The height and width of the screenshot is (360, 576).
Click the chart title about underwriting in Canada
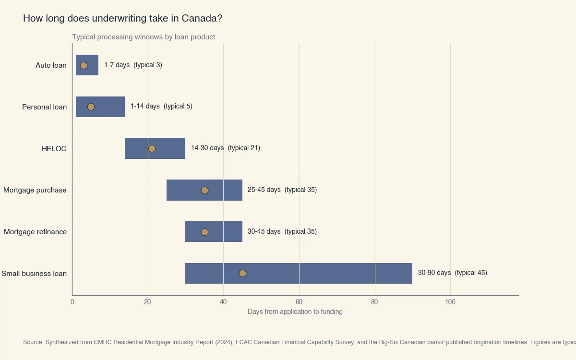122,19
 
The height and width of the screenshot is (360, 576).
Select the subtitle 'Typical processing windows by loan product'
144,37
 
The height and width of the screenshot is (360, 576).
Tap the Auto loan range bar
91,65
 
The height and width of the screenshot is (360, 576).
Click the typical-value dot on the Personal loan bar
91,107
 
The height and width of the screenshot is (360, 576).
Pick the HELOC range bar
168,148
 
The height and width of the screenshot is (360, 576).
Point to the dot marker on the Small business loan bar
242,273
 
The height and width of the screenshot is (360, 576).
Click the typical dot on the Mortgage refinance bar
204,232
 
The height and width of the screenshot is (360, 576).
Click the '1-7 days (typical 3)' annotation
133,65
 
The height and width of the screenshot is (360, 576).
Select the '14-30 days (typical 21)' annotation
225,148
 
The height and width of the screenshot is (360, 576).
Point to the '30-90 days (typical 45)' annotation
452,273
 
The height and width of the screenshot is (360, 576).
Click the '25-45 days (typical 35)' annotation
282,190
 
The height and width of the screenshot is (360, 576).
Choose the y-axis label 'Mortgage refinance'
35,232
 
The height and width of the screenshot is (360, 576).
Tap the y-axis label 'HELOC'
54,149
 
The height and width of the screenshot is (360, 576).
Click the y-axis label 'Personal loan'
44,107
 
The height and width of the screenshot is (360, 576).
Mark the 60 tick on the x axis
299,302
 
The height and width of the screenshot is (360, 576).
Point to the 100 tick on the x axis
450,302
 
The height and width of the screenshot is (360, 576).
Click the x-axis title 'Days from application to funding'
295,312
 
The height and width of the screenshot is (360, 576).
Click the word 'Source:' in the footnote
33,343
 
